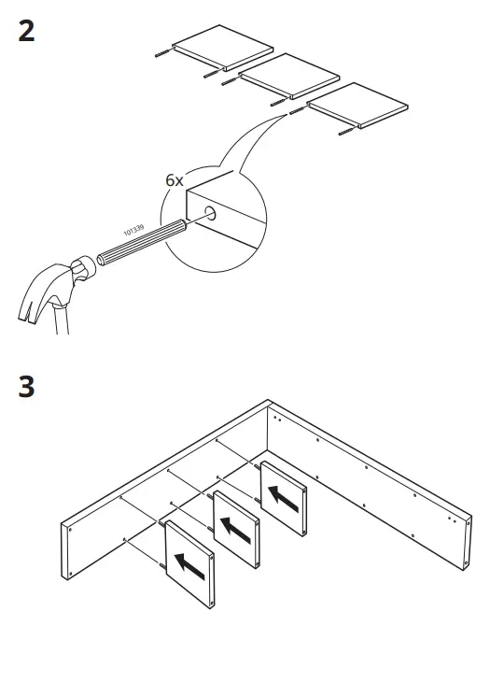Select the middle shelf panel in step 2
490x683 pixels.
288,76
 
